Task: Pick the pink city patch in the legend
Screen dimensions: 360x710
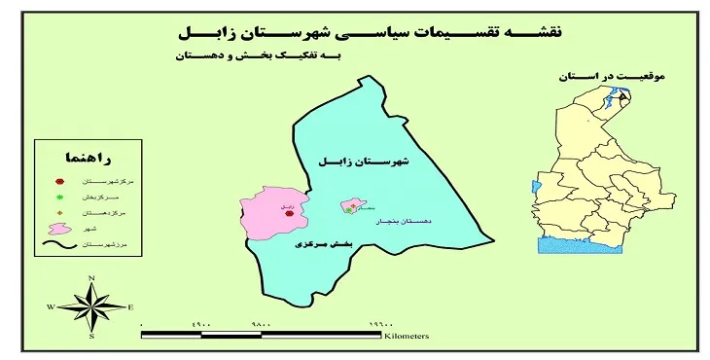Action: (59, 229)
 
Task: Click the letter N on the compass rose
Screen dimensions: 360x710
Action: (90, 278)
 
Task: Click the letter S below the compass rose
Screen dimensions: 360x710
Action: (90, 336)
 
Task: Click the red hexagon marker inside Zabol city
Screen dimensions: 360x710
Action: (288, 208)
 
